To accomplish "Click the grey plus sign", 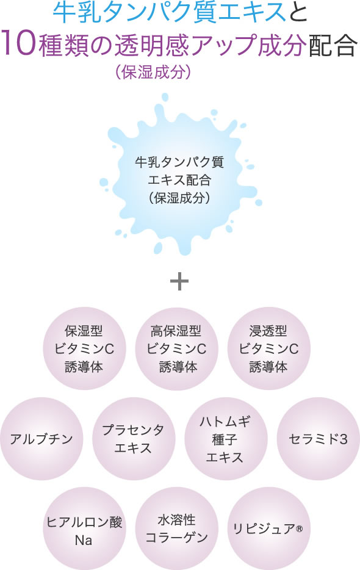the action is coord(179,281).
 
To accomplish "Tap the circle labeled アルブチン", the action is coord(41,439).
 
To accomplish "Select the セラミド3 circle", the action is coord(318,439).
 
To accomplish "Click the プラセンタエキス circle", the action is coord(134,439).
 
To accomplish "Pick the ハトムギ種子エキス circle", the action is coord(226,439).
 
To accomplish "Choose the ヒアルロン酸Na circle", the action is coord(84,529).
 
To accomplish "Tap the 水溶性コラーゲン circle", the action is coord(177,529).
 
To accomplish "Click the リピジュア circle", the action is coord(269,529).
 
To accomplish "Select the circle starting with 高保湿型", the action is coord(177,348).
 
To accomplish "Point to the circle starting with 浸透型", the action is coord(269,348).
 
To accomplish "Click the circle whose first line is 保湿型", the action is coord(84,348).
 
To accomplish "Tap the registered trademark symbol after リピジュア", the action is coord(299,528).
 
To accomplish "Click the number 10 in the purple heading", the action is coord(19,44).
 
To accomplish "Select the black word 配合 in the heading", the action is coord(333,45).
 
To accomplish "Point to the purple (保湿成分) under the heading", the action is coord(153,72).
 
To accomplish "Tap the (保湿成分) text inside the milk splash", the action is coord(179,198).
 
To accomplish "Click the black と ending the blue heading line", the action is coord(297,12).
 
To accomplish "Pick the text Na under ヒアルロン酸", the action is coord(83,540).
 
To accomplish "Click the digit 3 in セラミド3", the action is coord(344,439).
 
